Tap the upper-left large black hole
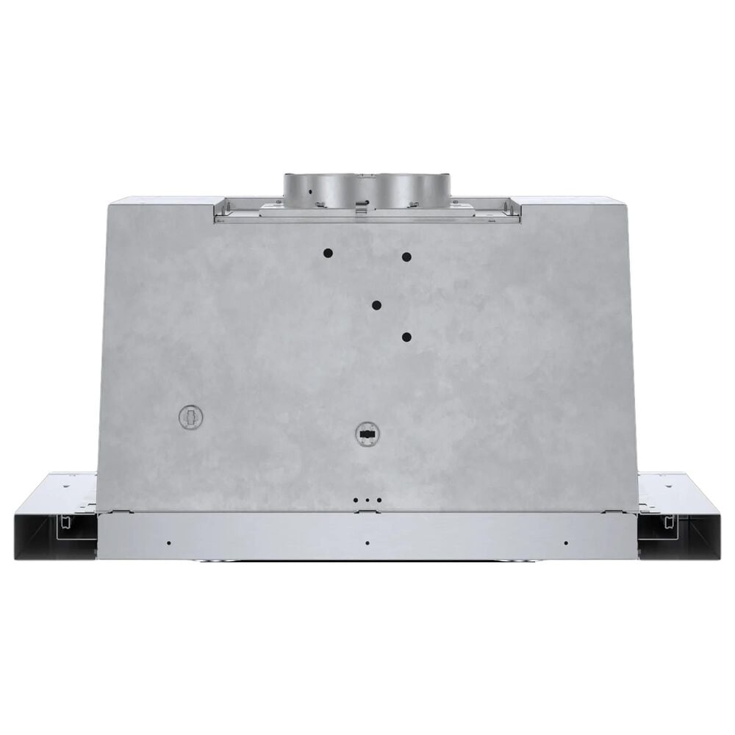point(328,253)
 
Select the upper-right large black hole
point(406,257)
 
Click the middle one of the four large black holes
point(376,305)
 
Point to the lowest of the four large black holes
point(406,337)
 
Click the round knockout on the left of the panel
point(191,417)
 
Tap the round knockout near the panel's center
point(365,433)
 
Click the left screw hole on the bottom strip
point(168,543)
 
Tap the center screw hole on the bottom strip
point(367,543)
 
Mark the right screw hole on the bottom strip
point(566,543)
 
